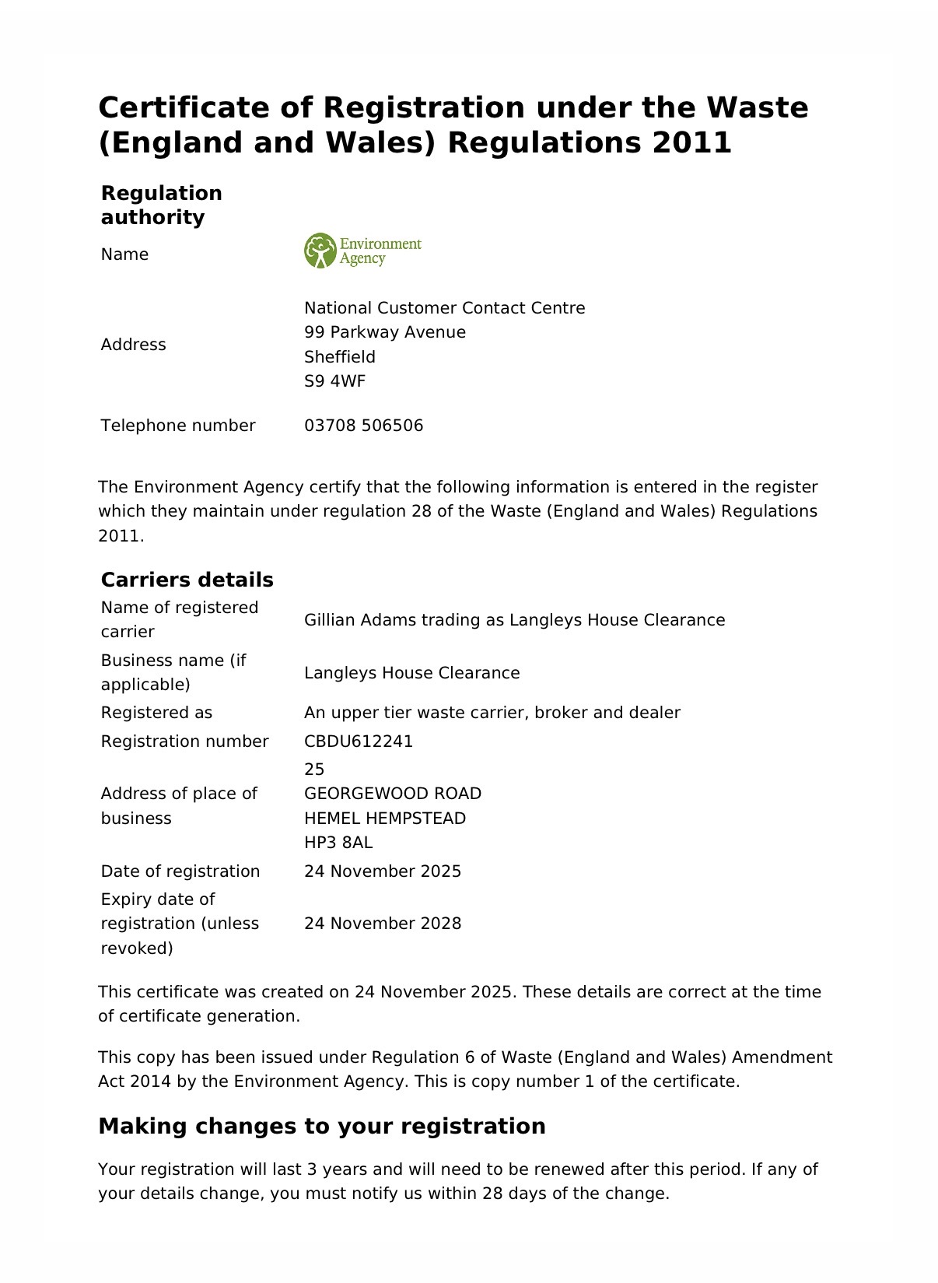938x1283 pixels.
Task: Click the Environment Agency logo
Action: pyautogui.click(x=362, y=251)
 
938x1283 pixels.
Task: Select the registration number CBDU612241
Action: pyautogui.click(x=359, y=741)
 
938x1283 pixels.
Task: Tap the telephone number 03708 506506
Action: pyautogui.click(x=363, y=426)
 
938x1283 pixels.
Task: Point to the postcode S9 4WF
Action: pyautogui.click(x=334, y=381)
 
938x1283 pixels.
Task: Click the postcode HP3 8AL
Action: pyautogui.click(x=338, y=843)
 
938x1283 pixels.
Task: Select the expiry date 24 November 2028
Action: pyautogui.click(x=383, y=924)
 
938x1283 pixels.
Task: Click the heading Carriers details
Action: pyautogui.click(x=187, y=580)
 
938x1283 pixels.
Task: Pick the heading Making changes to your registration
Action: pyautogui.click(x=322, y=1126)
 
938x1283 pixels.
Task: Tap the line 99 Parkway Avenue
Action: pyautogui.click(x=385, y=332)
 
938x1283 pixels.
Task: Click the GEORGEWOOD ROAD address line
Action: pyautogui.click(x=393, y=794)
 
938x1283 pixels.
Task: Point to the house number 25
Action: pyautogui.click(x=314, y=769)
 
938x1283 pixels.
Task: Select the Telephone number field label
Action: pyautogui.click(x=178, y=426)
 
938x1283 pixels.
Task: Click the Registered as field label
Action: pyautogui.click(x=156, y=713)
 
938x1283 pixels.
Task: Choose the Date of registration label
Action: pyautogui.click(x=180, y=871)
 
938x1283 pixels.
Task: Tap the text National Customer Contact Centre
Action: pyautogui.click(x=444, y=308)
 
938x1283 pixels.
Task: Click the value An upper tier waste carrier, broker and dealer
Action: pyautogui.click(x=492, y=713)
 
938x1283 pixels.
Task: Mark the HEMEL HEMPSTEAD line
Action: pyautogui.click(x=385, y=819)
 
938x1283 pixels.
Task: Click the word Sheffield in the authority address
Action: pyautogui.click(x=340, y=357)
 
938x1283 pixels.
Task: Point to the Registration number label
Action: pyautogui.click(x=184, y=741)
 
